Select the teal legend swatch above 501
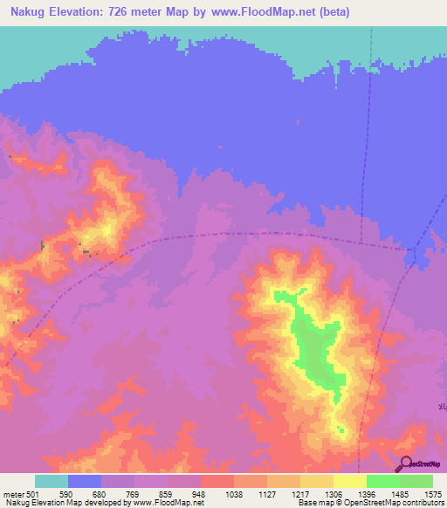coord(52,481)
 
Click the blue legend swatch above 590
coord(85,481)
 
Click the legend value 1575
coord(433,493)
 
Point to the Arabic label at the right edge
coord(442,407)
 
